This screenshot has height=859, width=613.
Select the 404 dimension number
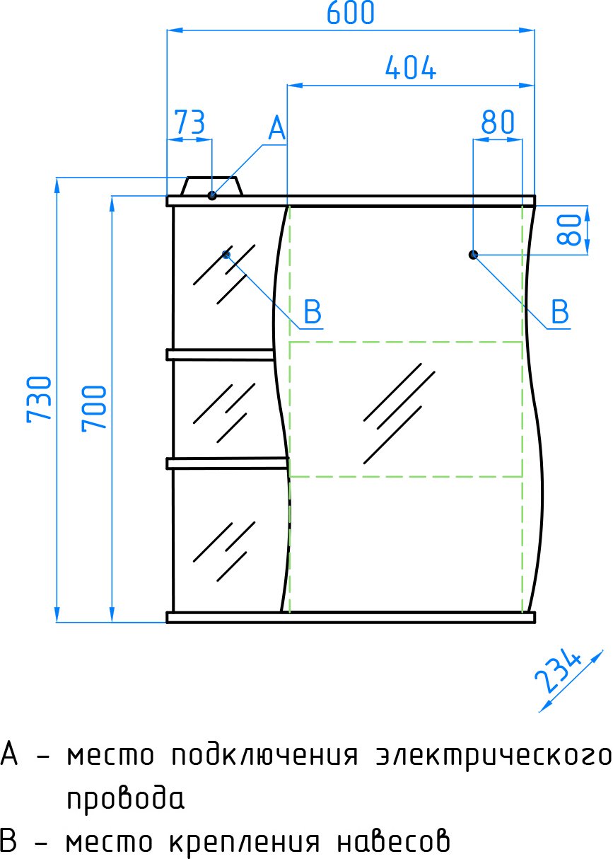(x=411, y=68)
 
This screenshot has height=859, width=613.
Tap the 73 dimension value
(x=189, y=122)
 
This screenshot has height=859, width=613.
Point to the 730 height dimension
(x=40, y=398)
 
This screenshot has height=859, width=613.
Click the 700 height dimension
(x=95, y=408)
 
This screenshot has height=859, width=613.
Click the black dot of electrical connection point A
(x=212, y=195)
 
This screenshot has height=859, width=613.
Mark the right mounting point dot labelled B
(x=474, y=254)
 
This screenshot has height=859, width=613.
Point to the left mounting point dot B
(x=226, y=254)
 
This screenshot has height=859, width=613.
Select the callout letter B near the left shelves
(x=313, y=311)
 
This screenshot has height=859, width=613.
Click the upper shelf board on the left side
(x=221, y=354)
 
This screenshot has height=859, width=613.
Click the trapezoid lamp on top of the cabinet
(x=212, y=186)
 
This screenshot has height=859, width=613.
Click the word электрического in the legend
(x=491, y=756)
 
